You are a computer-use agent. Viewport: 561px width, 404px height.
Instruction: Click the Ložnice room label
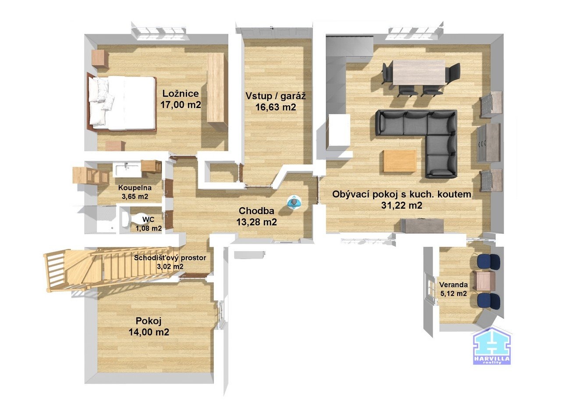(181, 94)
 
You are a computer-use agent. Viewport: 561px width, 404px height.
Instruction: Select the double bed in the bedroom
(122, 103)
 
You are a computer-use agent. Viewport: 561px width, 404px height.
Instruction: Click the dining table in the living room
(419, 72)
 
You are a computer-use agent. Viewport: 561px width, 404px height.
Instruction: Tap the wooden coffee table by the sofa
(400, 161)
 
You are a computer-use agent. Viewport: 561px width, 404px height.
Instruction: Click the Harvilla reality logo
(492, 346)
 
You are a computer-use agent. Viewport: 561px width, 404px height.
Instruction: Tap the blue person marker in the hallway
(293, 202)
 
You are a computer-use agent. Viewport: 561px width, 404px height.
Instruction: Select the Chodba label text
(256, 211)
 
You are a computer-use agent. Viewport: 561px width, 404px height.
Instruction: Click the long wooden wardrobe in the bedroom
(216, 88)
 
